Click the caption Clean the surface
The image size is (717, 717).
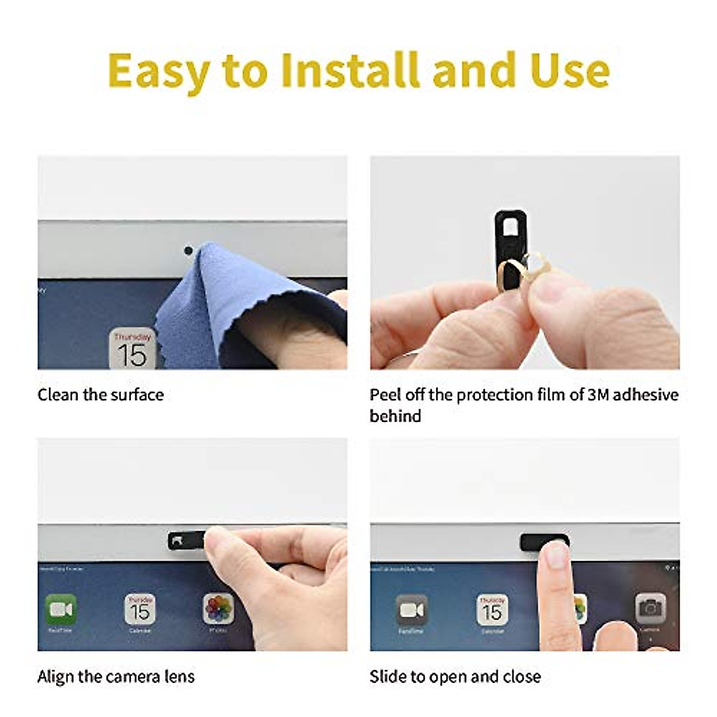coord(100,395)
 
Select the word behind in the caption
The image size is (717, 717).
coord(395,416)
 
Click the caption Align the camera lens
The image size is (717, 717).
coord(116,676)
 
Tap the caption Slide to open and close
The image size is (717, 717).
coord(455,676)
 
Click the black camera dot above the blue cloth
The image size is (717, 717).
coord(188,250)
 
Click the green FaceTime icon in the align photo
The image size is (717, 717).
coord(61,609)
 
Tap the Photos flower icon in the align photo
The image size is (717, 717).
coord(218,609)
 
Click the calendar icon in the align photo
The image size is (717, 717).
coord(140,609)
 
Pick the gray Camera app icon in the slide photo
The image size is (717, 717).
coord(650,609)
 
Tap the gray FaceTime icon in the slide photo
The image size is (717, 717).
coord(412,610)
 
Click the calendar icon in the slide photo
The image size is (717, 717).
coord(492,610)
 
